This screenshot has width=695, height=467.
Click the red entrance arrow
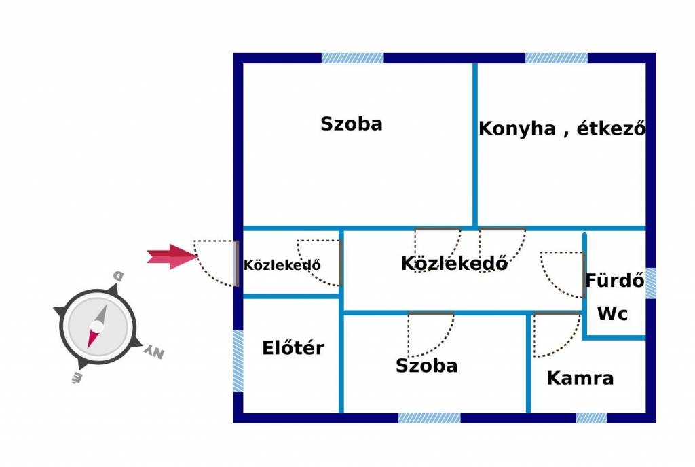(172, 256)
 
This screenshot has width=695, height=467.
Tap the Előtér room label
(293, 347)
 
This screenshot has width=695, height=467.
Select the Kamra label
(580, 378)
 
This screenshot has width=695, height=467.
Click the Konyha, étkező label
(562, 128)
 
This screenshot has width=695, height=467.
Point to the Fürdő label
(615, 280)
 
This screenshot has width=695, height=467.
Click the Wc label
(613, 314)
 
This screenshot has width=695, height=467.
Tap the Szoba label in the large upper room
(352, 124)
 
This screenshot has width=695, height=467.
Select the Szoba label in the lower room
(426, 366)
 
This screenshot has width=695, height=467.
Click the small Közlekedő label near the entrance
(282, 265)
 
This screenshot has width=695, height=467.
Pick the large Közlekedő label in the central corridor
(454, 263)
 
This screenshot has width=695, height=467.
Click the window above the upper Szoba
(352, 58)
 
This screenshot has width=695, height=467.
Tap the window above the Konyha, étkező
(557, 58)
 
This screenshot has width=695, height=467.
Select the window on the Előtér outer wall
(238, 361)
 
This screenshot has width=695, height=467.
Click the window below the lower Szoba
(429, 418)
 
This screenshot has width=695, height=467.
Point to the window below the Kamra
(592, 418)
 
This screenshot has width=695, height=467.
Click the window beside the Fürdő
(651, 283)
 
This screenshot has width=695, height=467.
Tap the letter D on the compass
(118, 276)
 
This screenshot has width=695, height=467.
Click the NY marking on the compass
(154, 351)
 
